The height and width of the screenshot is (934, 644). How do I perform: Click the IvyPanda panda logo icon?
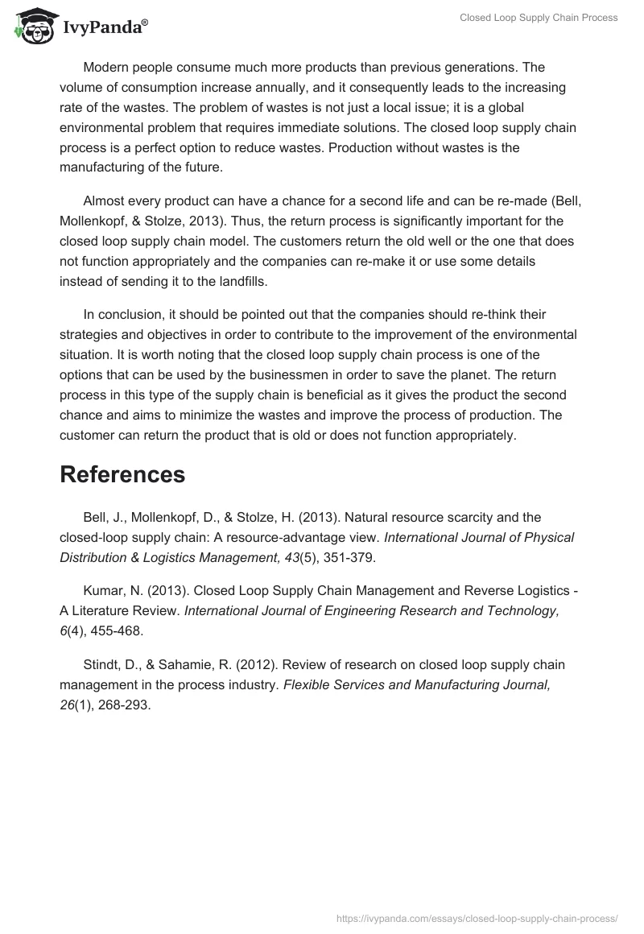click(31, 25)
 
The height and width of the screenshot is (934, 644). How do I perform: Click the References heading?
click(122, 474)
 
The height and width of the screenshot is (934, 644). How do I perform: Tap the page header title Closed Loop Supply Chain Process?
click(539, 18)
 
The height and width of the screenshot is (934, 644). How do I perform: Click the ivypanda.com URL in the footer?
click(477, 917)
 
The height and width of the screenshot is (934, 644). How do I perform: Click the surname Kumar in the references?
click(101, 591)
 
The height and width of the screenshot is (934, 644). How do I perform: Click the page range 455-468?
click(118, 630)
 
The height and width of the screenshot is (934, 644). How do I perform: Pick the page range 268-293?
click(124, 705)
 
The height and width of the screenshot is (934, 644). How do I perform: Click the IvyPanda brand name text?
click(104, 28)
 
